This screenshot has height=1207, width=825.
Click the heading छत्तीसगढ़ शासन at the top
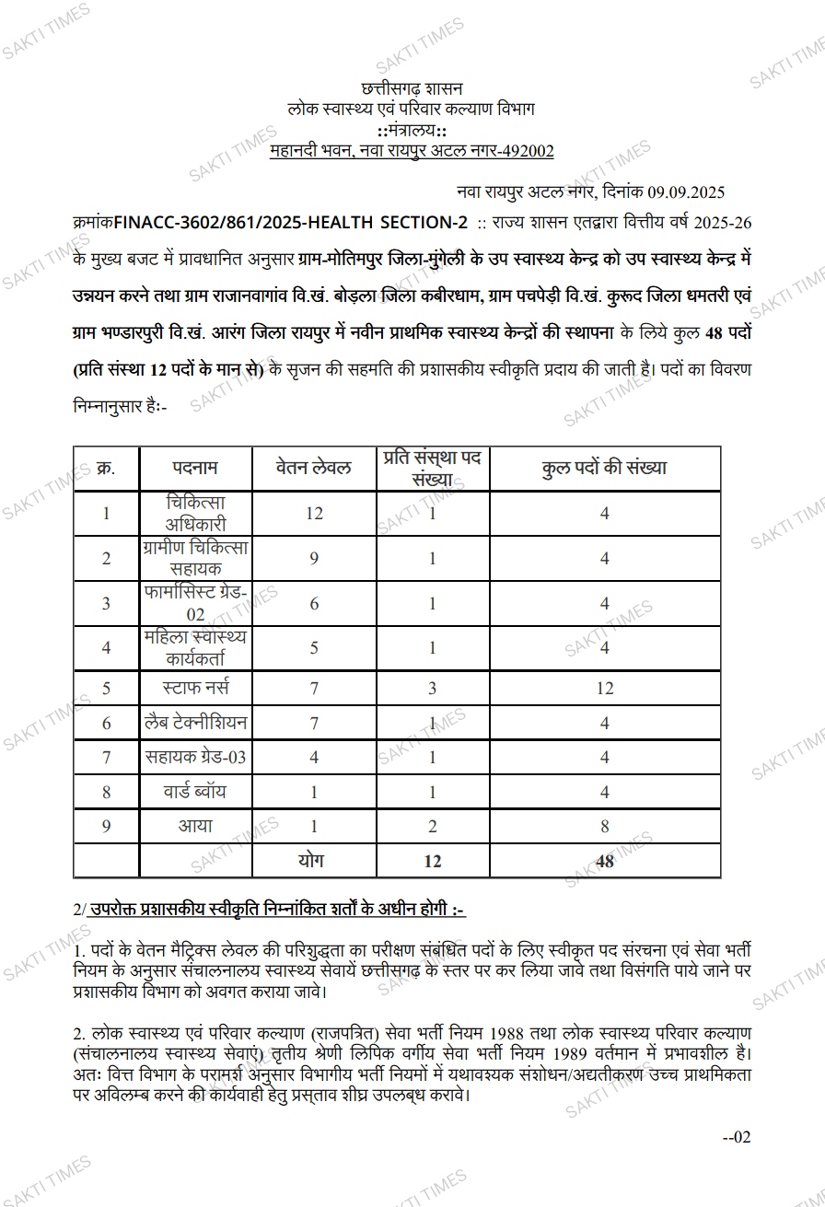412,89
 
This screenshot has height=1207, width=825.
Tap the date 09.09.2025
685,192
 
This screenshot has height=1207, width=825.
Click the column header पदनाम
195,468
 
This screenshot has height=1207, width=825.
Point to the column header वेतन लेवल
314,468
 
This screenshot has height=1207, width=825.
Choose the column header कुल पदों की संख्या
604,468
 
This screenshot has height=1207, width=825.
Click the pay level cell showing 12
314,514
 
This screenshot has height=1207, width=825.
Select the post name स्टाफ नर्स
195,688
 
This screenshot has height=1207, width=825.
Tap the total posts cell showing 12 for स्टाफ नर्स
604,689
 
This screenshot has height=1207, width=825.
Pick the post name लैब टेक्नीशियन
195,723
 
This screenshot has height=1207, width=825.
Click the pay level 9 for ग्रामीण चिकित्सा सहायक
314,559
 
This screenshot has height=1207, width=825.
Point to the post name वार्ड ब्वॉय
195,792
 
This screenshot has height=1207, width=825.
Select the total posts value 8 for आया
604,827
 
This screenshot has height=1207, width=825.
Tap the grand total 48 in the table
604,862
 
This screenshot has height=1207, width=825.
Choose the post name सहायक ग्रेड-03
195,758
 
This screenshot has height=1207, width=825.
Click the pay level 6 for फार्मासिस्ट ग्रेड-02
314,603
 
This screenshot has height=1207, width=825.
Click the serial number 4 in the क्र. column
106,648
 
